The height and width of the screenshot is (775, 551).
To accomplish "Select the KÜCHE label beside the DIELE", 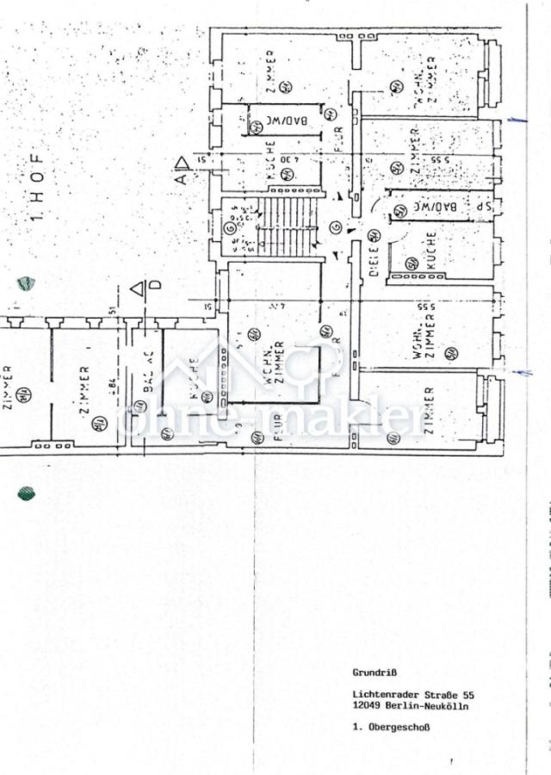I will point(430,251).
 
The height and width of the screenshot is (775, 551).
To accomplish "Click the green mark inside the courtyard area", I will point(26,282).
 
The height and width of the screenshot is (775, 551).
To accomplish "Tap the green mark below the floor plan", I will point(27,493).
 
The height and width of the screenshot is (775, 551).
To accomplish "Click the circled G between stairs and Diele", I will point(336,227).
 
